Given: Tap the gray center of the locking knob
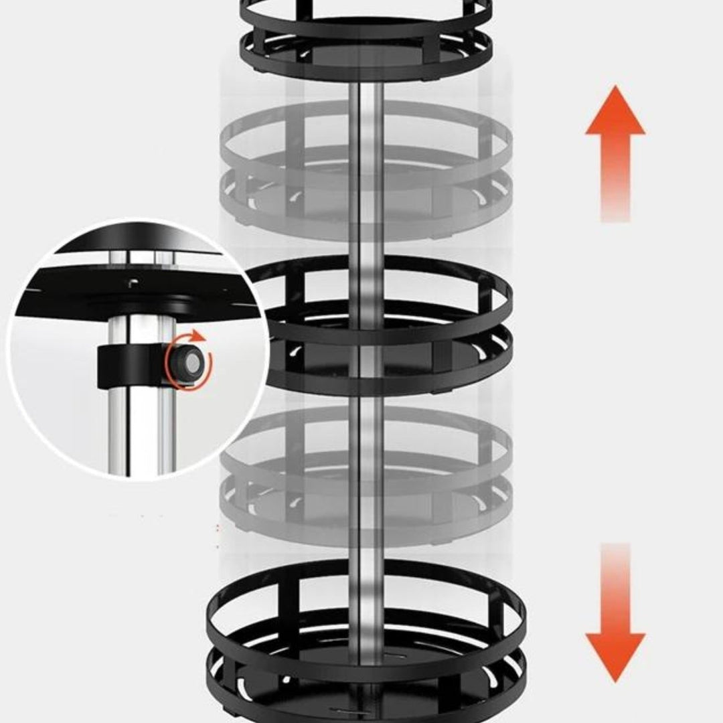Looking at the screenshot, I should coord(191,364).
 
